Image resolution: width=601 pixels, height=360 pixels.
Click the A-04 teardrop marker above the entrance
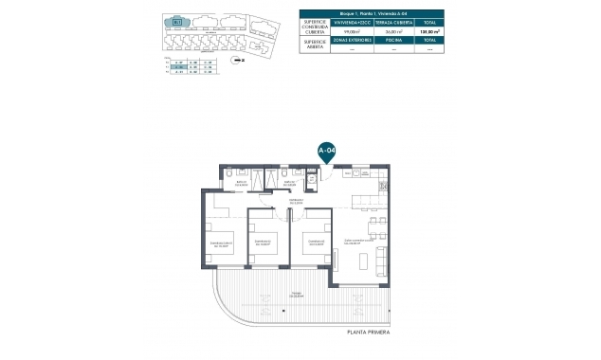pos(325,151)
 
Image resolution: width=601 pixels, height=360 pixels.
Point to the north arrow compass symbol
pos(240,59)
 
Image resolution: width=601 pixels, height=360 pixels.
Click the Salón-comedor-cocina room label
pos(358,241)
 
